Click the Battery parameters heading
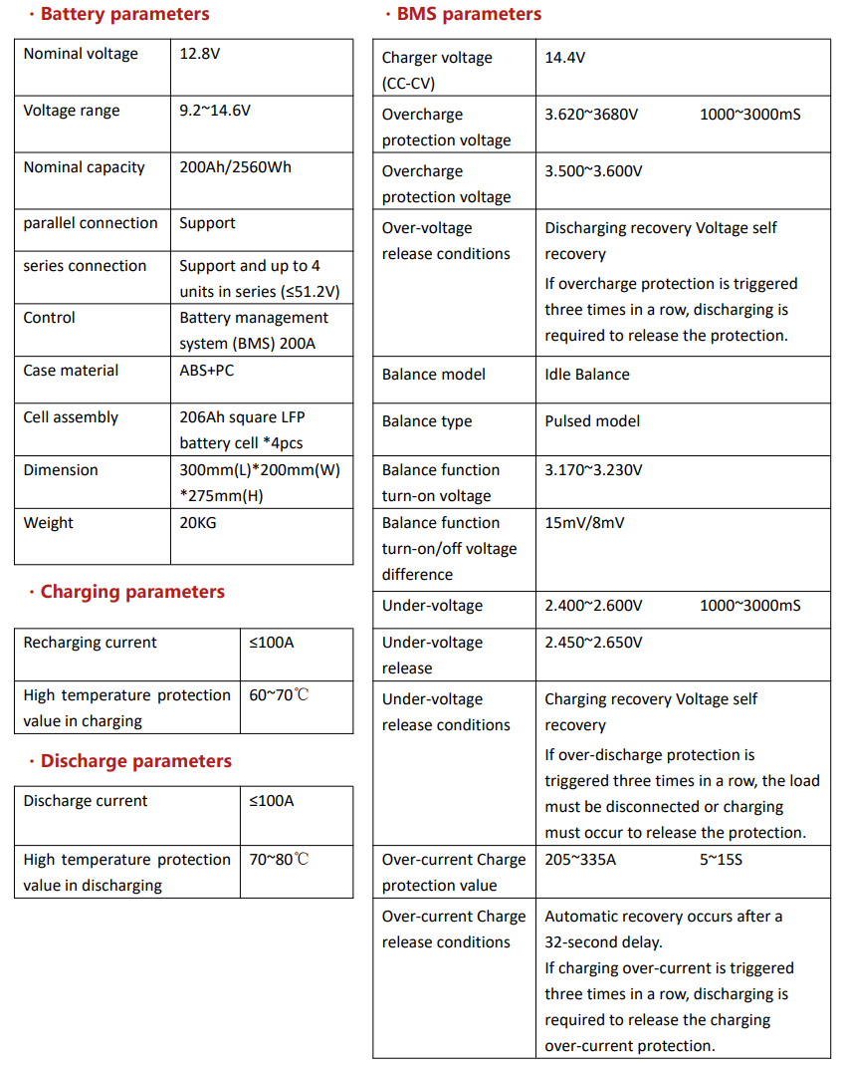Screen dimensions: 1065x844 click(x=124, y=14)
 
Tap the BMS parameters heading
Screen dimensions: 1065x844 click(x=469, y=14)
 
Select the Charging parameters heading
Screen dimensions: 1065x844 click(x=132, y=592)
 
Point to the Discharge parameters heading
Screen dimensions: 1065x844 click(x=135, y=761)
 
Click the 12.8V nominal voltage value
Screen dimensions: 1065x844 click(x=199, y=54)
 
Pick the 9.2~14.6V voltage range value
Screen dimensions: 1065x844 click(x=215, y=111)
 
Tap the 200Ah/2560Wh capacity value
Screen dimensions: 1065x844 click(x=235, y=167)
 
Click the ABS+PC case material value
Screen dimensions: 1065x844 click(x=207, y=371)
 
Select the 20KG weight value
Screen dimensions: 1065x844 click(x=198, y=523)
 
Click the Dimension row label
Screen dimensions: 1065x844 click(x=61, y=470)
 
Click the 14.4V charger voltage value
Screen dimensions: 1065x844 click(x=564, y=58)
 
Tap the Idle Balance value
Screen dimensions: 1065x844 click(x=587, y=375)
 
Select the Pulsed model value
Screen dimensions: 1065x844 click(x=592, y=421)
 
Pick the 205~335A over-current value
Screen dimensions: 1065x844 click(x=580, y=860)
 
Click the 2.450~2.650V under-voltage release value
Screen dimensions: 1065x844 click(x=593, y=643)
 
